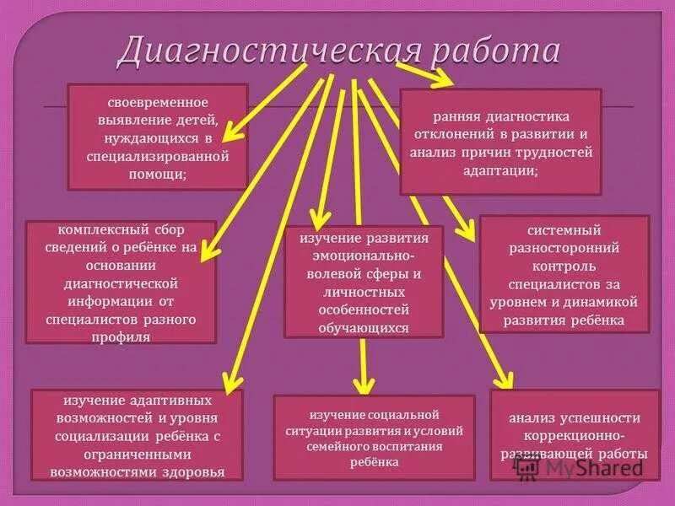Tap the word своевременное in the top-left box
[x=158, y=102]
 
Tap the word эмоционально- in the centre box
[x=364, y=256]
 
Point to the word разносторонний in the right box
[x=564, y=249]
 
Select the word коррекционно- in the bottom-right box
[x=573, y=436]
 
